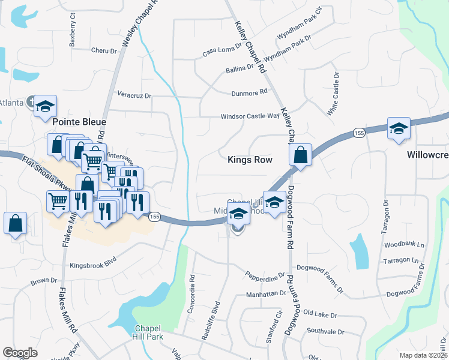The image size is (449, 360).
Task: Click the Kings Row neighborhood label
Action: (250, 160)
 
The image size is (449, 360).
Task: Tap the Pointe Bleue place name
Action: (79, 122)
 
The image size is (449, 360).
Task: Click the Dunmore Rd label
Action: (249, 93)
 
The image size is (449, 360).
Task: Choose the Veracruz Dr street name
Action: (134, 95)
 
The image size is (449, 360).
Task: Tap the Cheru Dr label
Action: (104, 51)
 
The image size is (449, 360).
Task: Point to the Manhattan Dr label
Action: (266, 294)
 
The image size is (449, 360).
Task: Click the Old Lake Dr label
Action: (321, 314)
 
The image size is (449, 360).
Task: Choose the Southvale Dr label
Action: (324, 331)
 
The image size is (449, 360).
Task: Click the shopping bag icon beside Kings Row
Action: (300, 155)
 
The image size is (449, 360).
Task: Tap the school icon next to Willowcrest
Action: (397, 129)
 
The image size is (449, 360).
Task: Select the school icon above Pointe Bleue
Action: (45, 106)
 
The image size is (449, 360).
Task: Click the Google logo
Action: (20, 353)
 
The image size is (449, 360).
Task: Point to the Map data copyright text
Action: (423, 355)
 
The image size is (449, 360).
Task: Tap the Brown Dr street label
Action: (44, 281)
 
